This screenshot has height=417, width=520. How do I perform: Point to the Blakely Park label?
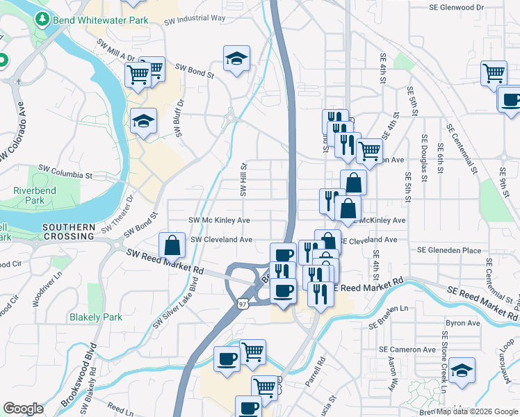pyautogui.click(x=96, y=317)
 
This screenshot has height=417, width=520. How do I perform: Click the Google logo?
pyautogui.click(x=23, y=409)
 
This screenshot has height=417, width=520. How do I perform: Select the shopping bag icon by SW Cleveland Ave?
pyautogui.click(x=172, y=245)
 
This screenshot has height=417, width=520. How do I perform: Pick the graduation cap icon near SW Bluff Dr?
pyautogui.click(x=144, y=122)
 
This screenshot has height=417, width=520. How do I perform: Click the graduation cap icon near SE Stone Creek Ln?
pyautogui.click(x=462, y=370)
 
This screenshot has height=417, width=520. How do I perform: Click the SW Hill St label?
pyautogui.click(x=244, y=180)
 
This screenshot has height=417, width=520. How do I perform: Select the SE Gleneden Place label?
pyautogui.click(x=448, y=250)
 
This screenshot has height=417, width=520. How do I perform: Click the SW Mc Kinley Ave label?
pyautogui.click(x=220, y=220)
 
